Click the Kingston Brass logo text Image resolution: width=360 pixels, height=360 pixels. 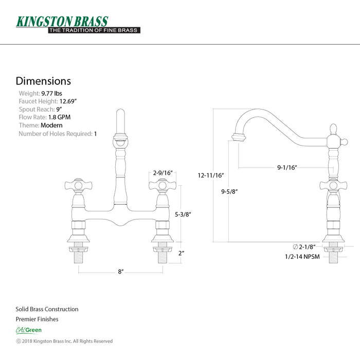pos(62,22)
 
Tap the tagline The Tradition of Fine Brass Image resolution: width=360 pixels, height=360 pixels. pos(94,30)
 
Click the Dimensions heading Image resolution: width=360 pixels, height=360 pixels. pos(43,81)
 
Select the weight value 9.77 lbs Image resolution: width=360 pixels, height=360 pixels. pos(51,94)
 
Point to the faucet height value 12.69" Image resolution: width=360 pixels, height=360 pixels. pos(68,101)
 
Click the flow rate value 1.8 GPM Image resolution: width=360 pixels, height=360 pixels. pos(59,117)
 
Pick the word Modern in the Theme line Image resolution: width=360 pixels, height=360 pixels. pos(51,125)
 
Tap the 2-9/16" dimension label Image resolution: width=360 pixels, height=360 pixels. pos(163,173)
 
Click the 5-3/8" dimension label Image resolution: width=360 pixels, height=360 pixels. pos(183,214)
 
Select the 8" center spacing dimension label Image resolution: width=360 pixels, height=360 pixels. pos(121,272)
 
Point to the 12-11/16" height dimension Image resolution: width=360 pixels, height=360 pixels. pos(210,175)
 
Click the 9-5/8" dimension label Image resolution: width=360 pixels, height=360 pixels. pos(229,191)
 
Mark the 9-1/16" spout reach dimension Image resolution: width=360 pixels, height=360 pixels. pos(287,167)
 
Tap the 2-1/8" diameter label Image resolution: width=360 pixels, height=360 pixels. pos(304,247)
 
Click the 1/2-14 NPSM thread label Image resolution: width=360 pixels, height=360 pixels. pos(302,257)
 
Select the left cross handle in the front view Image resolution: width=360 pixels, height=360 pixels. pos(78,185)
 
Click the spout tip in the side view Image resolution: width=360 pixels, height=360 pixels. pos(239,137)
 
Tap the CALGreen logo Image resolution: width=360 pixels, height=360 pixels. pos(28,330)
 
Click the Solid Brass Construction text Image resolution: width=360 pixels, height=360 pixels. pos(47,309)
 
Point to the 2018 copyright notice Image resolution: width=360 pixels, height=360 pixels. pos(64,341)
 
